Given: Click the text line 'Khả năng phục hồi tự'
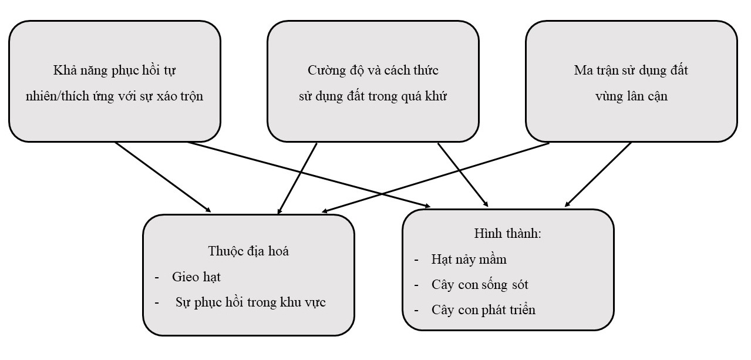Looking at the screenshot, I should click(114, 71).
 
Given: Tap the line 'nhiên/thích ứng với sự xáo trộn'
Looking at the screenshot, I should click(114, 97).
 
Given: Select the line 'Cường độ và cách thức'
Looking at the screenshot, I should click(373, 71).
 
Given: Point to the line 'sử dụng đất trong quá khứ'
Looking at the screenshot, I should click(373, 97).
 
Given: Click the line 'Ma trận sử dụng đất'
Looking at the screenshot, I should click(631, 71).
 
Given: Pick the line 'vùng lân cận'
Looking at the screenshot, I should click(631, 97).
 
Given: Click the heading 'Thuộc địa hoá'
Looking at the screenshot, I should click(248, 251).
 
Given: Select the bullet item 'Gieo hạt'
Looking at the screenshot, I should click(196, 277).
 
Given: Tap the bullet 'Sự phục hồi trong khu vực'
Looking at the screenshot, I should click(250, 302).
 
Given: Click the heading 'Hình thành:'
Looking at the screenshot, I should click(507, 233).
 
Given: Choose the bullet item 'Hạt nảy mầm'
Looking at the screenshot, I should click(468, 259).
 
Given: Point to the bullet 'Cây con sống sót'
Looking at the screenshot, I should click(479, 285).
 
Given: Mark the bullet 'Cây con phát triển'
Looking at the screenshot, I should click(483, 310).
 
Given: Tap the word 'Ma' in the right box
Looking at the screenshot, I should click(581, 71).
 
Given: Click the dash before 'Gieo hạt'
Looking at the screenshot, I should click(157, 277).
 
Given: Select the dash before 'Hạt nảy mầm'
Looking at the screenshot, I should click(416, 260).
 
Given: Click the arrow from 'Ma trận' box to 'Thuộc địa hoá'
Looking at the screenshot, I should click(435, 177).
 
